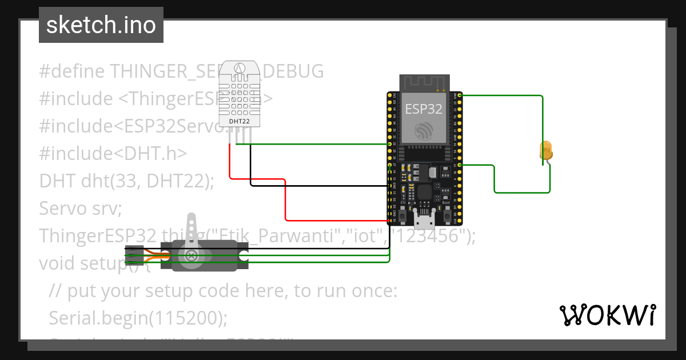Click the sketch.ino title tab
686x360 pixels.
(101, 25)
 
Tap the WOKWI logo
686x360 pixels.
(607, 315)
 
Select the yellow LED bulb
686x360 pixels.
(546, 151)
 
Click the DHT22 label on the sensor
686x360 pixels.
(239, 121)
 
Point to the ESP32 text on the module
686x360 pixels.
(424, 109)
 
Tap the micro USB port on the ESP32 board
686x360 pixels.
(424, 220)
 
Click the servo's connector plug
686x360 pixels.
(134, 255)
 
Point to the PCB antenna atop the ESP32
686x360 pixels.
(424, 83)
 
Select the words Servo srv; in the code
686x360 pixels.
(81, 208)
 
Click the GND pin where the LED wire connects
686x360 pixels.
(460, 95)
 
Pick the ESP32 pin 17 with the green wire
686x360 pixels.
(460, 165)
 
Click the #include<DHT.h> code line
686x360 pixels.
(113, 153)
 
